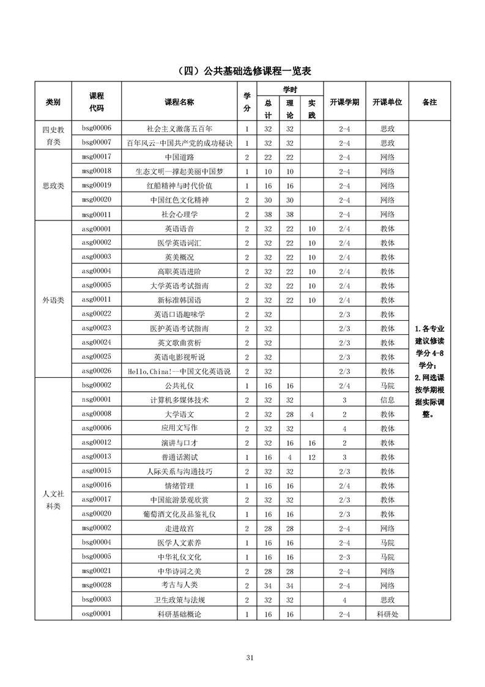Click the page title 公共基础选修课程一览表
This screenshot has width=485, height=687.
point(242,71)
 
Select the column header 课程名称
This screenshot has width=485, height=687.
point(179,102)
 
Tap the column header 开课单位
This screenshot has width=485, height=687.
point(387,102)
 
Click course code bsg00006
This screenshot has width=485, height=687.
point(96,129)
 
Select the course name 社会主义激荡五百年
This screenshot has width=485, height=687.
point(179,129)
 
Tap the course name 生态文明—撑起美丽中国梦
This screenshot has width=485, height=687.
point(179,171)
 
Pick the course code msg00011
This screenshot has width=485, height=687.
point(96,214)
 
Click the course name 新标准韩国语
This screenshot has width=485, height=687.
point(179,300)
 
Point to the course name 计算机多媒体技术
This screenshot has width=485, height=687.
point(179,400)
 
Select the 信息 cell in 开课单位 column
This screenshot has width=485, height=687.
point(387,400)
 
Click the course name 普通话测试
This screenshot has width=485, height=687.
point(179,457)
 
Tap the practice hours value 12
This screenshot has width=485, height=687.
point(311,457)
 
